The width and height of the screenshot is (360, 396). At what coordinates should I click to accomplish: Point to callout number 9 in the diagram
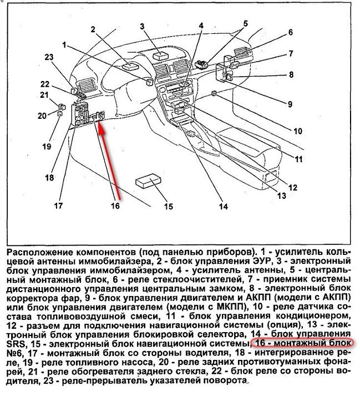[x=289, y=103]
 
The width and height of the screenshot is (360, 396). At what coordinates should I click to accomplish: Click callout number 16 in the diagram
[x=115, y=206]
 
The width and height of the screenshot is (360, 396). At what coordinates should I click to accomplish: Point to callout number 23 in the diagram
[x=49, y=58]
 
